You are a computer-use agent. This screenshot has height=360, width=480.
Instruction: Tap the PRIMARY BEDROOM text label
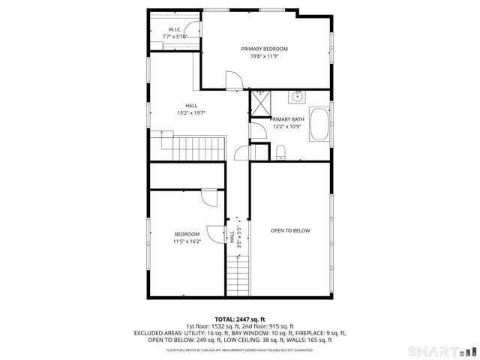[264, 49]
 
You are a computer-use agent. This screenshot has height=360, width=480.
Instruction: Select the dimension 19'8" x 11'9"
[264, 56]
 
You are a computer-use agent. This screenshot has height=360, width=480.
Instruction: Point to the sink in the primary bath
[298, 96]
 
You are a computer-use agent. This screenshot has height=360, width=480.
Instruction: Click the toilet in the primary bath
[280, 153]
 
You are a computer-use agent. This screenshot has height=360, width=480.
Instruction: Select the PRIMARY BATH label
[287, 119]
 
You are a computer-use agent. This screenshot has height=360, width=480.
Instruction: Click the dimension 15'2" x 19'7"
[191, 113]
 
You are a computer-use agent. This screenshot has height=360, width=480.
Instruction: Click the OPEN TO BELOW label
[290, 230]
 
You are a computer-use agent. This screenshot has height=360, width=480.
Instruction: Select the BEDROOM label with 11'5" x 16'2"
[187, 234]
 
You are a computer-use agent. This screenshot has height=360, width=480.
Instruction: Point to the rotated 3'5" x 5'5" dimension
[238, 237]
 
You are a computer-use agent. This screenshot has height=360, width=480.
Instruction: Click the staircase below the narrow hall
[238, 274]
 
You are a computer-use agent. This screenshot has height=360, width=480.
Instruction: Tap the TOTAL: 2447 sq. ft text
[240, 319]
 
